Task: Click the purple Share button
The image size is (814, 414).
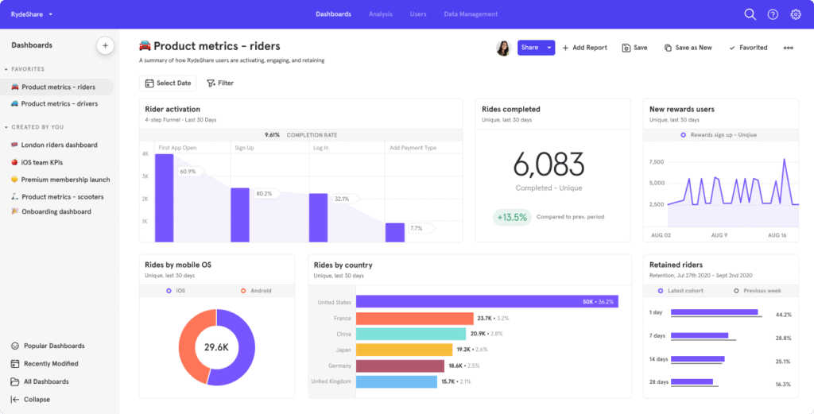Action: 529,48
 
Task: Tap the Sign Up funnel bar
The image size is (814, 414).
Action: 240,215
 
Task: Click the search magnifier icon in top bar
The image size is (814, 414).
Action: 750,14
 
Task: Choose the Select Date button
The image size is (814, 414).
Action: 168,83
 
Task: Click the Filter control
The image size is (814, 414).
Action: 220,83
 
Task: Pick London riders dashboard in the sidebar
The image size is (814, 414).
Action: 59,145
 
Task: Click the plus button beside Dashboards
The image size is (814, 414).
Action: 105,45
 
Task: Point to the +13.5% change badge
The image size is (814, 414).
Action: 512,217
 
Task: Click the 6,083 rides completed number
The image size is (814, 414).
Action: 548,164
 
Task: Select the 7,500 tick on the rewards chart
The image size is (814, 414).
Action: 656,161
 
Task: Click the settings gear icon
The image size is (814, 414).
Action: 795,14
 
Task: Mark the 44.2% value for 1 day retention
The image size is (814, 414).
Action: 783,315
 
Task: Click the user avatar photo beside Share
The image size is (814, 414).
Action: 503,48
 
